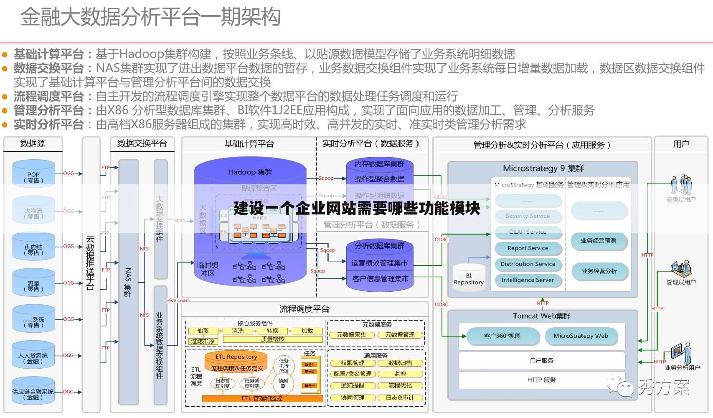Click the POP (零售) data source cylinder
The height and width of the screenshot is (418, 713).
pos(33,173)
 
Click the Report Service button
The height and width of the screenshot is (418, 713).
pos(528,248)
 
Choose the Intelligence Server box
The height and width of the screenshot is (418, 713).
pos(528,280)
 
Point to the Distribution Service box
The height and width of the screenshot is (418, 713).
pos(528,264)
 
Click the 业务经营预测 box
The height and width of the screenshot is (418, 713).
pos(598,241)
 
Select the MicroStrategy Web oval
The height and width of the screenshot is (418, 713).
pos(581,336)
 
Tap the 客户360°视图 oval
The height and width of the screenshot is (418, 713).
pos(502,336)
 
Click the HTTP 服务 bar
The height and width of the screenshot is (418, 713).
pos(541,380)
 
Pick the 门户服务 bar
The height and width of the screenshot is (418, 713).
pos(541,360)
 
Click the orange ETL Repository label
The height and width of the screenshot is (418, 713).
pos(236,357)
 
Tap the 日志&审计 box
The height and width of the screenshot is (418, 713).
pos(400,398)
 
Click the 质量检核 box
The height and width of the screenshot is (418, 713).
pos(272,339)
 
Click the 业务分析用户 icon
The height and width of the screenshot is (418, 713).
pos(681,354)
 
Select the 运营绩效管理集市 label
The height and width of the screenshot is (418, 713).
pos(379,263)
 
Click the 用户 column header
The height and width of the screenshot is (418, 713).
pos(681,144)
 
